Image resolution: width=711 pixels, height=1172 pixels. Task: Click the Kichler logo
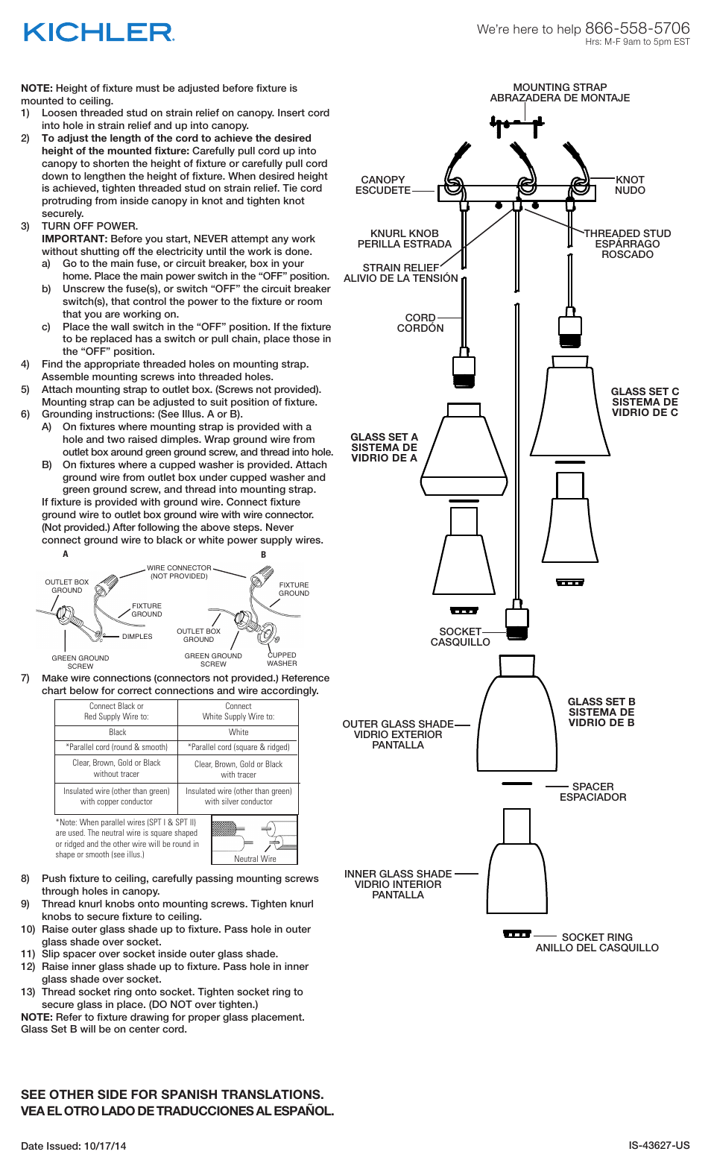tap(98, 32)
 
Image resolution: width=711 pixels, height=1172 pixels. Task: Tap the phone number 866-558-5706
tap(637, 28)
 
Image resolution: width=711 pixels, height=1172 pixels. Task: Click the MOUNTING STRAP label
tap(560, 88)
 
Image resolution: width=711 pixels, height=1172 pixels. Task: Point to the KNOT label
tap(630, 180)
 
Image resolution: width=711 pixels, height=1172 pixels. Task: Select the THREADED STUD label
tap(627, 233)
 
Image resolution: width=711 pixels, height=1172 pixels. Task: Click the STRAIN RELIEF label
tap(400, 268)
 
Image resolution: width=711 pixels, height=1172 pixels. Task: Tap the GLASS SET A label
tap(384, 437)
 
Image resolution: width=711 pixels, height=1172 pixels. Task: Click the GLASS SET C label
tap(645, 391)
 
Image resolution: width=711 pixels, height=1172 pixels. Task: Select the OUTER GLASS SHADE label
tap(397, 724)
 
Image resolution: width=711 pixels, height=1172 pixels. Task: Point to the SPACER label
tap(592, 787)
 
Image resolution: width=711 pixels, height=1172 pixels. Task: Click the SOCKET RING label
tap(597, 937)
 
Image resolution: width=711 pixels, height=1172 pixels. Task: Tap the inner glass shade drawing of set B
tap(517, 872)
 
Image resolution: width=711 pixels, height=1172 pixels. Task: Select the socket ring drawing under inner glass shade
tap(517, 933)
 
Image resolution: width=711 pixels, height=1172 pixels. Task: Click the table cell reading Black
tap(117, 732)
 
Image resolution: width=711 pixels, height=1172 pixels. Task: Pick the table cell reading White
tap(238, 732)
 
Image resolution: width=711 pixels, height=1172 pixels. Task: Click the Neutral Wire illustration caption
tap(255, 859)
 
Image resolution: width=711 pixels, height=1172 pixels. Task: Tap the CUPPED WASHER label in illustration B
tap(282, 659)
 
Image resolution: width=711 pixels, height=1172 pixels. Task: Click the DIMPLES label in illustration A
tap(137, 637)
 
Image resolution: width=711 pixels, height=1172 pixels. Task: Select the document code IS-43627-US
tap(659, 1145)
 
